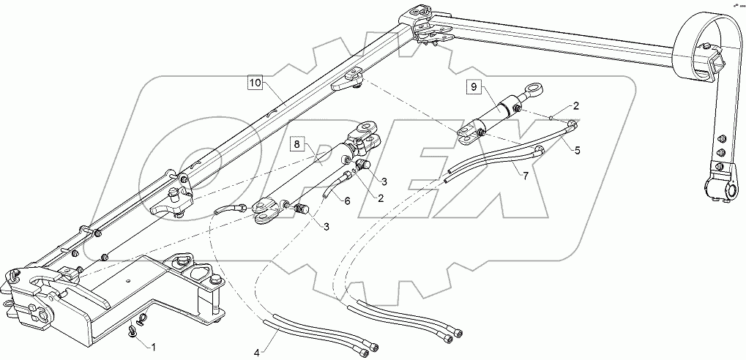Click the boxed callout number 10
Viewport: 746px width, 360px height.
(x=254, y=83)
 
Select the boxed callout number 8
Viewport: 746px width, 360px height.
(x=296, y=144)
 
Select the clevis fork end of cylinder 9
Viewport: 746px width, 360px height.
(x=466, y=132)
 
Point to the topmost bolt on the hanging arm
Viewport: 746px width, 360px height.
(x=722, y=139)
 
